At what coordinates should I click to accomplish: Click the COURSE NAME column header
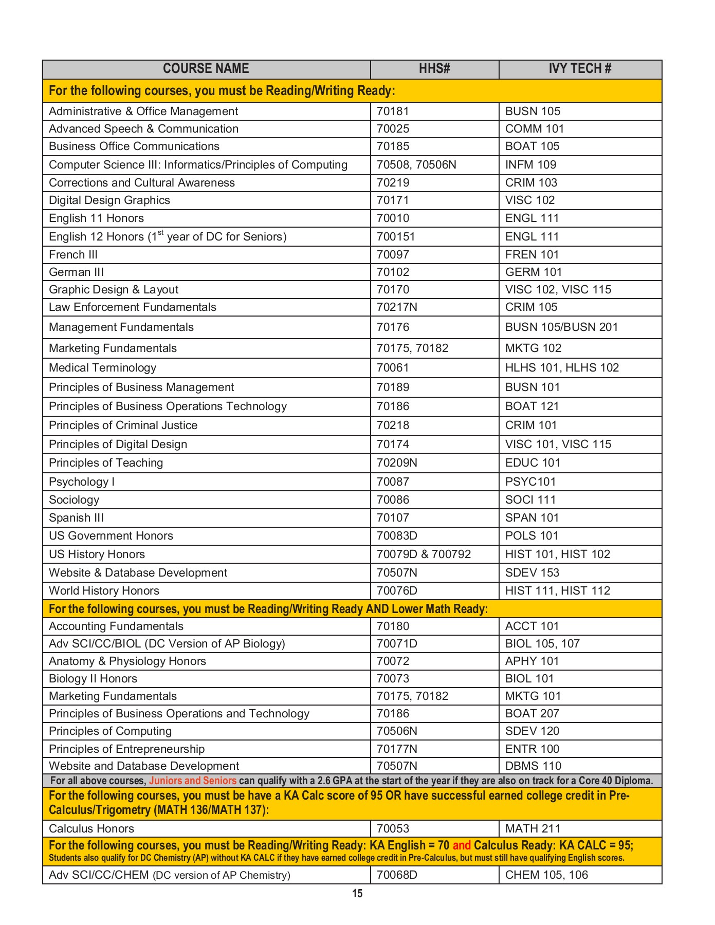pos(206,69)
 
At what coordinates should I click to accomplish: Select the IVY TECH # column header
pos(580,69)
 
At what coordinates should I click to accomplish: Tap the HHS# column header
pos(434,69)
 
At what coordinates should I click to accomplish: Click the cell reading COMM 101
pos(535,129)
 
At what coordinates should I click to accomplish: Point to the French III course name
pos(73,255)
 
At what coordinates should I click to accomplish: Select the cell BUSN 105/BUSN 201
pos(561,327)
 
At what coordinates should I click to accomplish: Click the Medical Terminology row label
pos(102,368)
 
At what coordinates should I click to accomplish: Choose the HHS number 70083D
pos(397,536)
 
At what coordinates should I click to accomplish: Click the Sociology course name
pos(74,500)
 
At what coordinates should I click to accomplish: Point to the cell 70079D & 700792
pos(424,554)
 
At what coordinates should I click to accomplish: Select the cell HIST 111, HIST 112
pos(558,591)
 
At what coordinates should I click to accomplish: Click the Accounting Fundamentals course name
pos(116,626)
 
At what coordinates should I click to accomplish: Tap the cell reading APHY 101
pos(531,661)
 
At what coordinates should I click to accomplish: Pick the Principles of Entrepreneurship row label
pos(126,749)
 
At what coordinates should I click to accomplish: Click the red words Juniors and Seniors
pos(193,781)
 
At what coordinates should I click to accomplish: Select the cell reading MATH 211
pos(533,829)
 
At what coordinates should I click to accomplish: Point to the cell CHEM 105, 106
pos(546,875)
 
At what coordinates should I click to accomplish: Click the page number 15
pos(357,894)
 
